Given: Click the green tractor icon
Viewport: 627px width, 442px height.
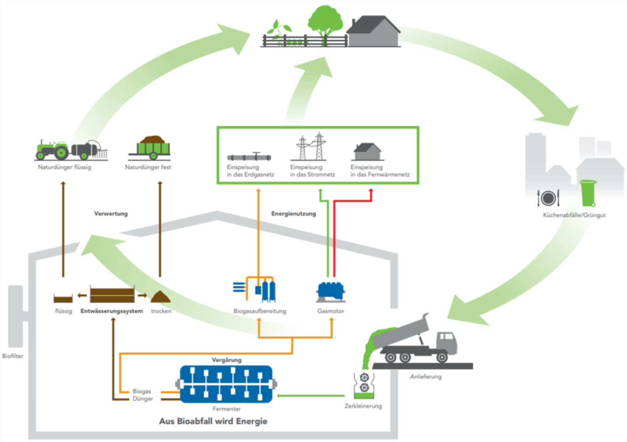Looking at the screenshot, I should [x=52, y=149].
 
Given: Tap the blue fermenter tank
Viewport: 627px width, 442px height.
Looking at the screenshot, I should [x=226, y=383].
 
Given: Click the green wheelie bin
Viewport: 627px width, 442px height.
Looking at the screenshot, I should [x=588, y=193].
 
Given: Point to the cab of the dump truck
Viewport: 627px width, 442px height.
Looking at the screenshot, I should [x=446, y=342].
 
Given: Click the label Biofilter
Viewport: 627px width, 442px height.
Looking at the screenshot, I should [x=12, y=356].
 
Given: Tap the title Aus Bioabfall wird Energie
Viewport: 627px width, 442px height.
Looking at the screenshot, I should [x=213, y=421].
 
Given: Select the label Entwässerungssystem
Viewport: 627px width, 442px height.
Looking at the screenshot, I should [x=112, y=311].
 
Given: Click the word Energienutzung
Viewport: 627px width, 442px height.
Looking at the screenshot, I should [x=293, y=214].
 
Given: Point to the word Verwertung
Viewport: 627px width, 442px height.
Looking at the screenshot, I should [x=111, y=214].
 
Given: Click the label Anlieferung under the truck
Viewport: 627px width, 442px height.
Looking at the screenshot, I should [x=426, y=377].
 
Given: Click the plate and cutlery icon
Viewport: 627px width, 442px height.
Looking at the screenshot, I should [x=548, y=198].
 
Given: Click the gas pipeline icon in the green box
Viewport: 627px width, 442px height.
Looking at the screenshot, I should [x=249, y=157].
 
